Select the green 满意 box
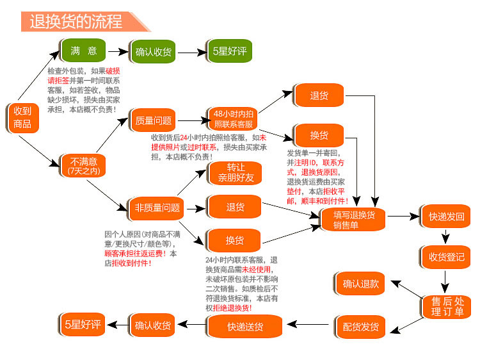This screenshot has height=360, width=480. (83, 51)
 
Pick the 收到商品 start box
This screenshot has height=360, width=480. (22, 117)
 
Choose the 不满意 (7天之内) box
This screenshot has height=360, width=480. (83, 165)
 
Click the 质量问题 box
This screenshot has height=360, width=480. (154, 120)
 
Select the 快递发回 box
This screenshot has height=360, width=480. (446, 217)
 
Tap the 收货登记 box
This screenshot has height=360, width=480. (446, 257)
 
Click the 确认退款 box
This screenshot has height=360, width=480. (360, 283)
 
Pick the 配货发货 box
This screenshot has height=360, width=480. (360, 327)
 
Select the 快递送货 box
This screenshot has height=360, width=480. (245, 327)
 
